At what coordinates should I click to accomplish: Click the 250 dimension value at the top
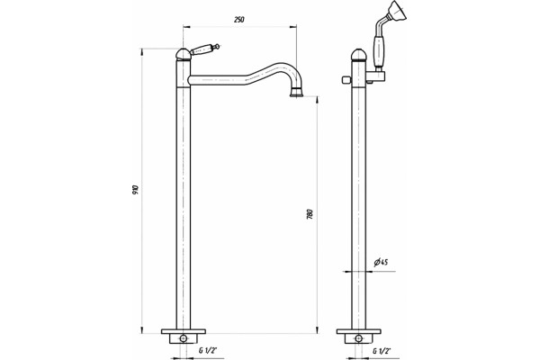click(x=239, y=20)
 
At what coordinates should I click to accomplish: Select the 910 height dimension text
click(x=135, y=190)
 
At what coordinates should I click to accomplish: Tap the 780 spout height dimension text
click(x=310, y=214)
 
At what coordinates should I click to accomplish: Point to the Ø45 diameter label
click(x=381, y=262)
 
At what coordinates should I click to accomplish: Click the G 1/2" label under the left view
click(x=208, y=351)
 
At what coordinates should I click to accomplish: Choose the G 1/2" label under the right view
click(x=382, y=351)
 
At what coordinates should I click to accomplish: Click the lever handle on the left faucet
click(x=204, y=49)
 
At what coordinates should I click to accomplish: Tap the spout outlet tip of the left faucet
click(x=296, y=93)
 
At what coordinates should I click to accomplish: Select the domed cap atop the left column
click(x=183, y=54)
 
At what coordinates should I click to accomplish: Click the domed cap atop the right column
click(x=358, y=54)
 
